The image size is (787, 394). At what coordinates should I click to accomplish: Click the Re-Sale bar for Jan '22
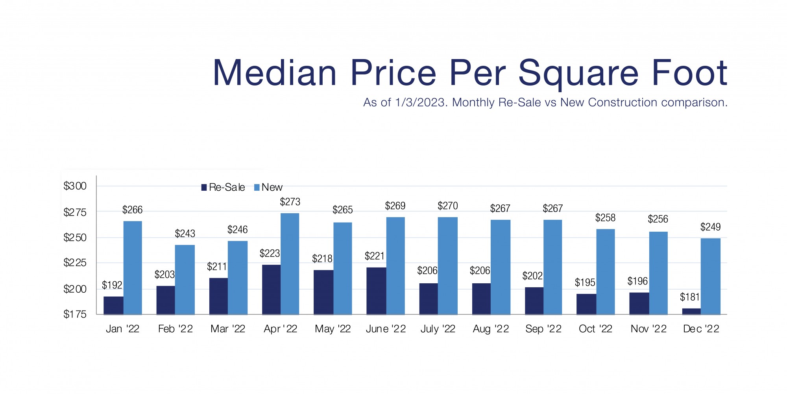(113, 305)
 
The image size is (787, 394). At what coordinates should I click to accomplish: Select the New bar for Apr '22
(290, 264)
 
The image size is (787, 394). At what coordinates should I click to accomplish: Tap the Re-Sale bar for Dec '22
(691, 311)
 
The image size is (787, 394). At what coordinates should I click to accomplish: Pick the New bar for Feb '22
(185, 280)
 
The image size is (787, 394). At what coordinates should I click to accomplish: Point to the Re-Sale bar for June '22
(376, 291)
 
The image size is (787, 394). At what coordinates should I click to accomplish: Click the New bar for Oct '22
(606, 271)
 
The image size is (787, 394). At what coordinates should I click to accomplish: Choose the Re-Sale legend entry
(223, 188)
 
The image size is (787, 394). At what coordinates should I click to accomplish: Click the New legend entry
(268, 188)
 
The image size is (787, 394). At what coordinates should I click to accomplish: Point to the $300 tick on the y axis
(75, 186)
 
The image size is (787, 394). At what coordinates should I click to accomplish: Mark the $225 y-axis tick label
(75, 263)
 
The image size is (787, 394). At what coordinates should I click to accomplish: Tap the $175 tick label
(75, 314)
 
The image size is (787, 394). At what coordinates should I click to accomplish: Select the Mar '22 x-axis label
(228, 329)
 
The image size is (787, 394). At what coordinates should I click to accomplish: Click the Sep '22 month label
(543, 329)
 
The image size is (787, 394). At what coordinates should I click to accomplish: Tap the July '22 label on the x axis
(438, 329)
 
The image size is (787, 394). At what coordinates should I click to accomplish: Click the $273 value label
(290, 202)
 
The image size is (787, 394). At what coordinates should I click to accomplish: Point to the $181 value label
(690, 297)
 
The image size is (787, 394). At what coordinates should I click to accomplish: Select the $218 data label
(322, 259)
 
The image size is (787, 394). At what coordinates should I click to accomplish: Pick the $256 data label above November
(658, 219)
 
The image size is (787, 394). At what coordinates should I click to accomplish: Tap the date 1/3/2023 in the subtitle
(421, 102)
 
